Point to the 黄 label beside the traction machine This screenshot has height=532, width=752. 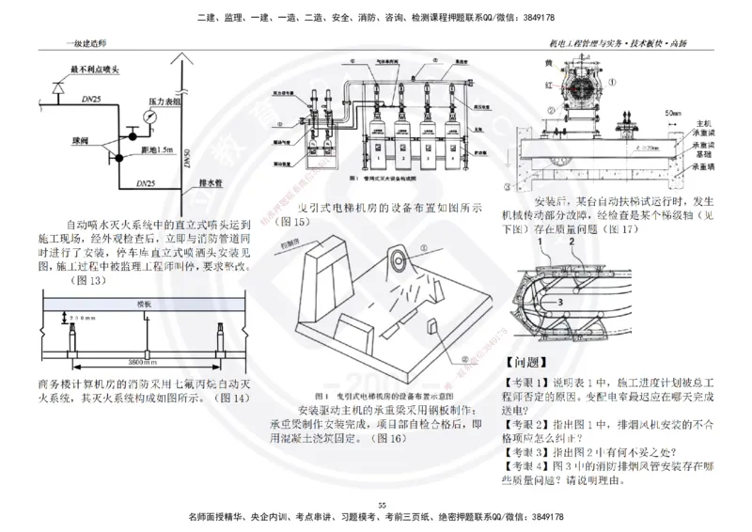[x=546, y=62]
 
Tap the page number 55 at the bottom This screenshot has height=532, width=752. [x=382, y=506]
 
